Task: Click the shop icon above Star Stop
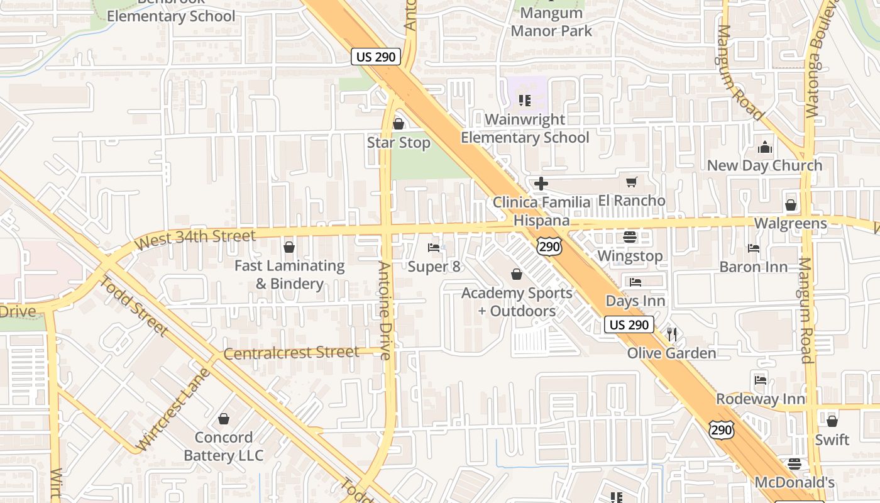pyautogui.click(x=398, y=124)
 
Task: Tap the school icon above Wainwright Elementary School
pyautogui.click(x=525, y=100)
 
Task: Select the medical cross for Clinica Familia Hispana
pyautogui.click(x=541, y=184)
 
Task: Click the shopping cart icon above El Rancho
pyautogui.click(x=631, y=182)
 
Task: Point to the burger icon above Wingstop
pyautogui.click(x=629, y=237)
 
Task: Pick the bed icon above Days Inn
pyautogui.click(x=635, y=282)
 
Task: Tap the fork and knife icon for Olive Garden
pyautogui.click(x=672, y=334)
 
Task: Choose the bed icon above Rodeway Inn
pyautogui.click(x=761, y=380)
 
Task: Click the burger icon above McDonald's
pyautogui.click(x=795, y=464)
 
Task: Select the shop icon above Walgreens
pyautogui.click(x=790, y=205)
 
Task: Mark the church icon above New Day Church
pyautogui.click(x=765, y=147)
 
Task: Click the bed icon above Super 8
pyautogui.click(x=434, y=248)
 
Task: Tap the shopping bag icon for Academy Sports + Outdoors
pyautogui.click(x=517, y=274)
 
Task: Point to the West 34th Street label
pyautogui.click(x=195, y=239)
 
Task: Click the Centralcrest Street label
pyautogui.click(x=291, y=353)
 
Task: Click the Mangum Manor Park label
pyautogui.click(x=551, y=21)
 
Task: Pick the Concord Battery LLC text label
pyautogui.click(x=223, y=446)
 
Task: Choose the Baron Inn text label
pyautogui.click(x=753, y=267)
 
